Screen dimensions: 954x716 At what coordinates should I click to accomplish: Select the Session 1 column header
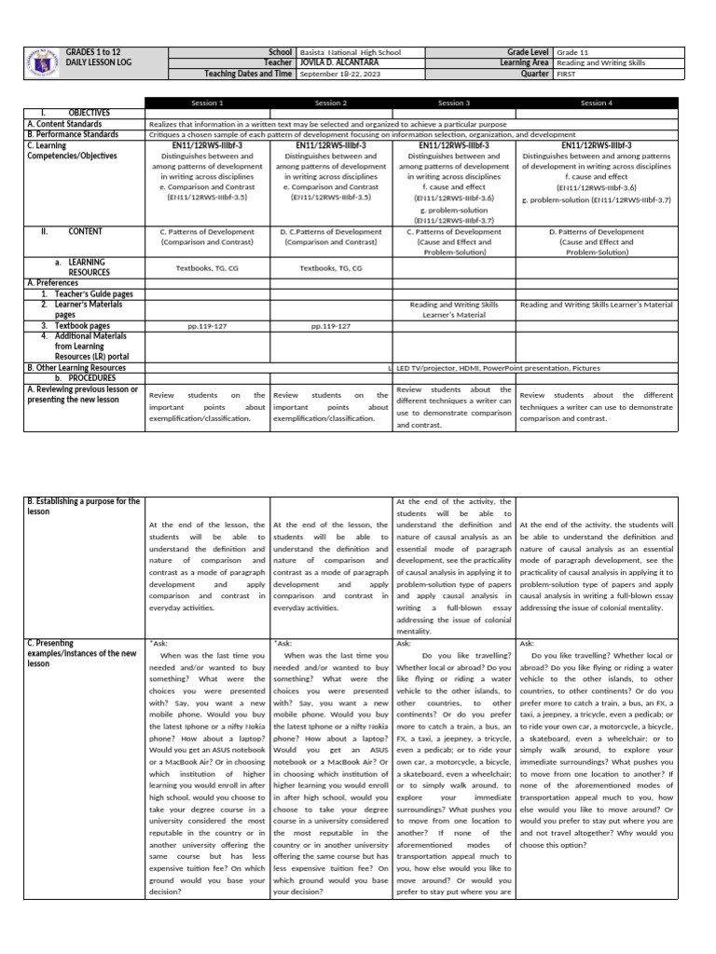(207, 102)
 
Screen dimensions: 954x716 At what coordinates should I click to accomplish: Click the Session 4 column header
(595, 102)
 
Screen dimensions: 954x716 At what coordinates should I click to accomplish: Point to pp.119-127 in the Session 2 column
(330, 326)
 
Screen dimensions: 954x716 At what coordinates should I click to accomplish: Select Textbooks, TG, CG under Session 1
(207, 267)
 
